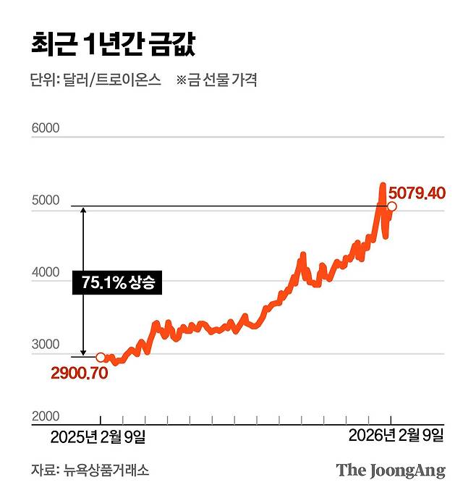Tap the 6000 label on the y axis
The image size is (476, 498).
(45, 129)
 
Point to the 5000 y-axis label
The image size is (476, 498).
(45, 201)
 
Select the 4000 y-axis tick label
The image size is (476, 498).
(45, 273)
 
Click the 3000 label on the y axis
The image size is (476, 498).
(45, 345)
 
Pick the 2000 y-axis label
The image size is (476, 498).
(45, 417)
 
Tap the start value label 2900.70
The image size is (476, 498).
(79, 373)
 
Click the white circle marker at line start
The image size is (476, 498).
(101, 357)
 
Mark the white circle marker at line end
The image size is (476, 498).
(392, 207)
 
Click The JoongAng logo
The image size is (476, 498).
(391, 470)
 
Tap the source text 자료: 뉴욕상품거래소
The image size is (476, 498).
(90, 470)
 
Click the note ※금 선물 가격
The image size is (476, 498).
(216, 80)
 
